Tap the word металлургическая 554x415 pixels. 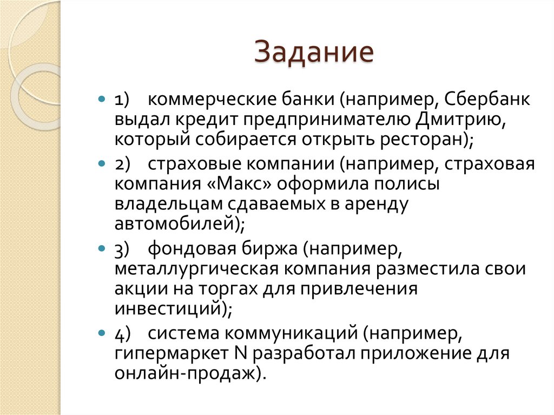(x=196, y=269)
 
